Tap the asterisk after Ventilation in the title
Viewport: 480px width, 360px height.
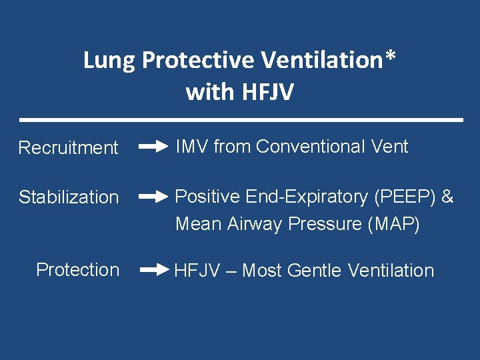tap(390, 57)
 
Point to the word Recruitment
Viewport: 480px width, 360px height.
tap(68, 147)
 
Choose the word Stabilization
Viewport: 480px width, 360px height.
tap(68, 197)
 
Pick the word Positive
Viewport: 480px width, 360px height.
tap(207, 197)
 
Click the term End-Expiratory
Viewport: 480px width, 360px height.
tap(306, 197)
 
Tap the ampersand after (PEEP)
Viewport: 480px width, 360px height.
tap(447, 197)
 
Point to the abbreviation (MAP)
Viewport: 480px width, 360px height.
tap(394, 225)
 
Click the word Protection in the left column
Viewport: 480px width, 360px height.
tap(77, 269)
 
